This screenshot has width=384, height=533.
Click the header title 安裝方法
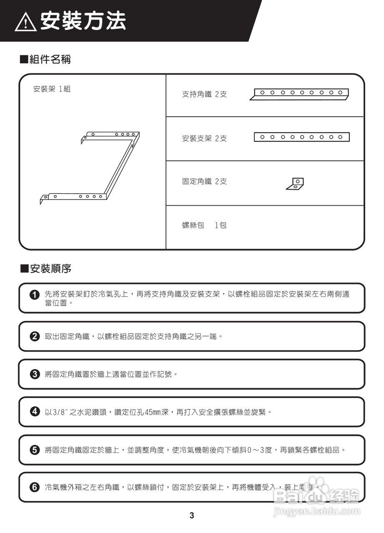(x=83, y=21)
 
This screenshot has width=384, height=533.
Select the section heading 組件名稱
(x=46, y=60)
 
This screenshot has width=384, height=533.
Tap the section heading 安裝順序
(x=46, y=269)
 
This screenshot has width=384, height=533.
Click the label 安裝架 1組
(x=52, y=89)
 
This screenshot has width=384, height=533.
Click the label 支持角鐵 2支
(x=204, y=95)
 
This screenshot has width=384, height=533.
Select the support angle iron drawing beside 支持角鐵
(x=299, y=95)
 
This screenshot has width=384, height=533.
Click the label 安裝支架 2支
(x=204, y=139)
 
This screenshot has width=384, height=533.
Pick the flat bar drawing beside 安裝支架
(x=301, y=137)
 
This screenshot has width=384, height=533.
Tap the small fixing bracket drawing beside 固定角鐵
(x=295, y=184)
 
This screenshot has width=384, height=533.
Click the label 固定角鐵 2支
(x=204, y=182)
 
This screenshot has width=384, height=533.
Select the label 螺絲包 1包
(x=204, y=226)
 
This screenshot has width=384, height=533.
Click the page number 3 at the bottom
(x=192, y=516)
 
